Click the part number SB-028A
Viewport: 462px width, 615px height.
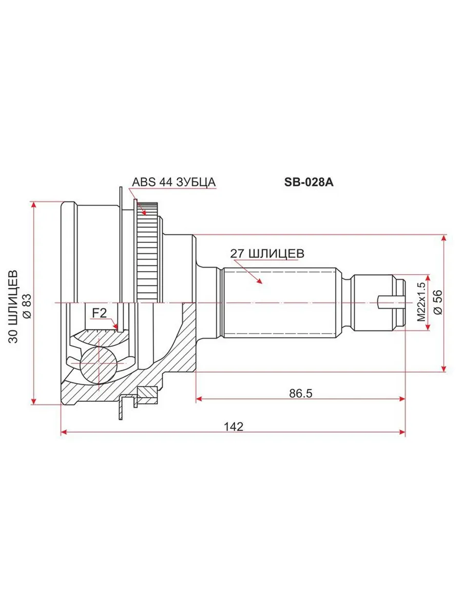coord(309,182)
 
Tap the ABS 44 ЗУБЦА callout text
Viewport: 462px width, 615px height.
coord(174,182)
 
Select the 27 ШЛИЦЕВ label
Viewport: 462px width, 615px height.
coord(267,254)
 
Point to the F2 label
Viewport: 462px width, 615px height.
coord(100,313)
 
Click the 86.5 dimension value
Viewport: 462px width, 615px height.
coord(301,394)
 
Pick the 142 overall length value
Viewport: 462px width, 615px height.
coord(234,426)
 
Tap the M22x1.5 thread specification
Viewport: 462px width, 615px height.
coord(421,302)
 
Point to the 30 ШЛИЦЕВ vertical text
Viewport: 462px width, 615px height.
coord(13,306)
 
